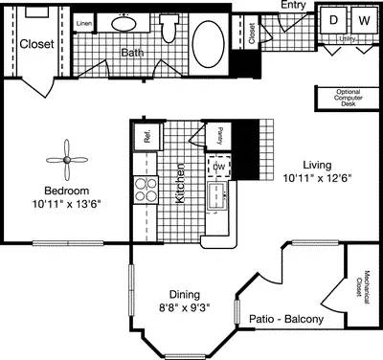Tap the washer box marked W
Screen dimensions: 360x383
[364, 19]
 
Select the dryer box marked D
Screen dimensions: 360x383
[334, 19]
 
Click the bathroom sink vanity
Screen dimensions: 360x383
[124, 24]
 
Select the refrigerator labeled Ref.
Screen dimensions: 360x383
[148, 136]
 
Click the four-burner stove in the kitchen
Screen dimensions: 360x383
[146, 189]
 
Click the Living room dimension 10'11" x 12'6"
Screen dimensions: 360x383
[311, 177]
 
